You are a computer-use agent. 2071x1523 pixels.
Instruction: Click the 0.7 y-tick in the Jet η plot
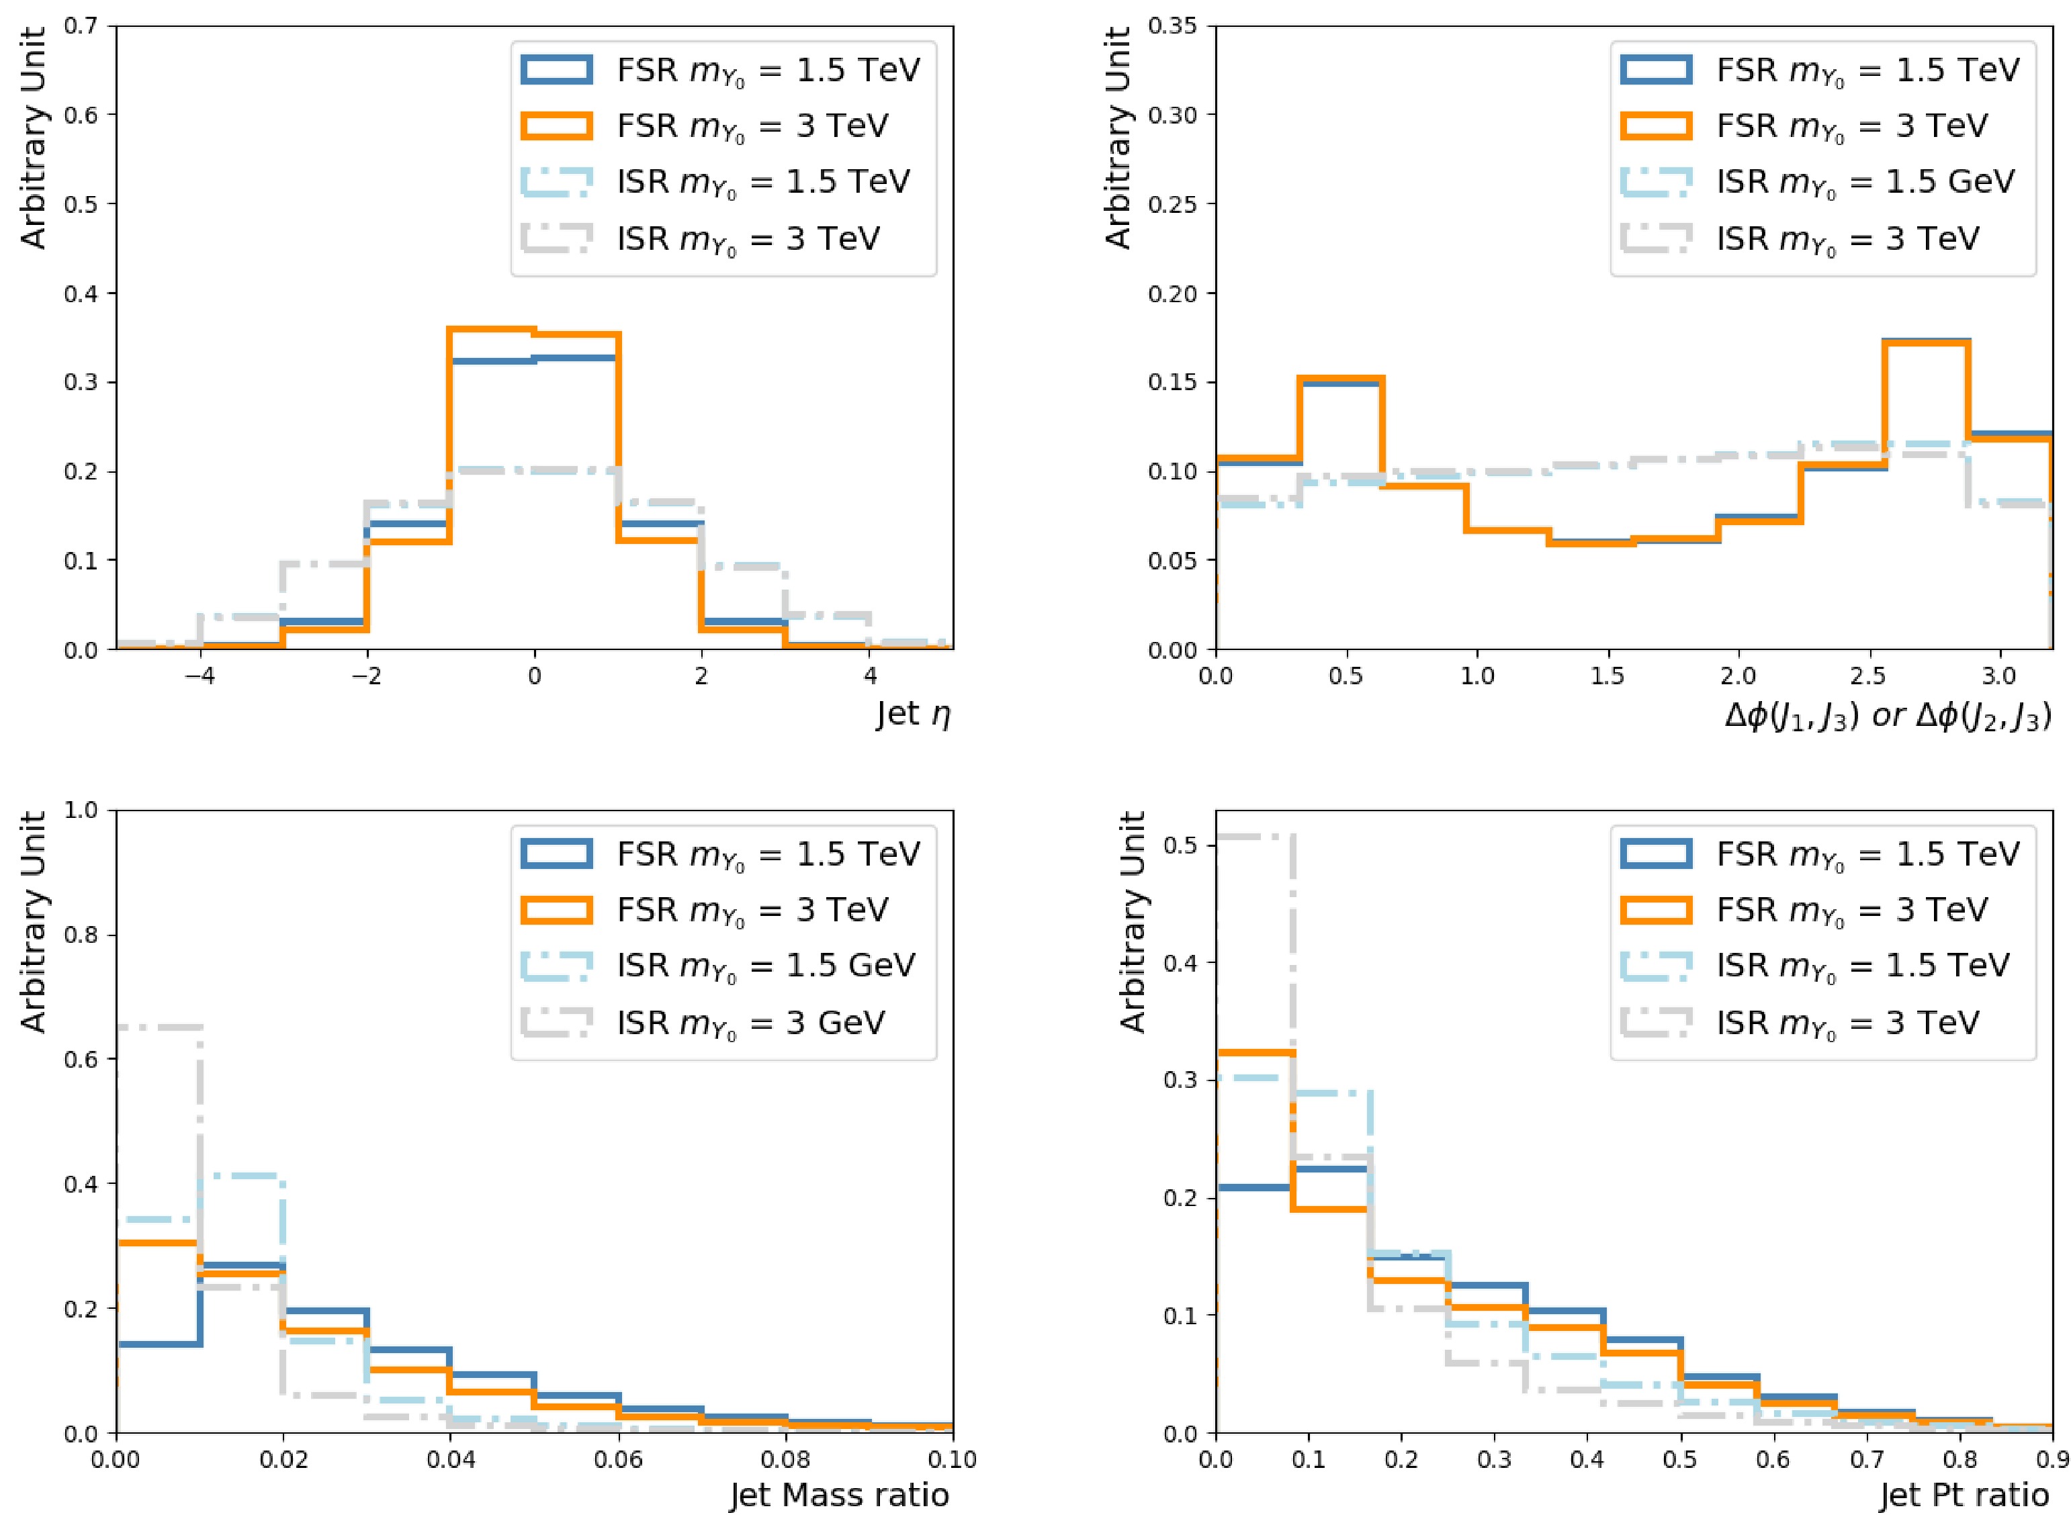[x=81, y=26]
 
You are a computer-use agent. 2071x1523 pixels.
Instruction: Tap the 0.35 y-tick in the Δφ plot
[x=1173, y=26]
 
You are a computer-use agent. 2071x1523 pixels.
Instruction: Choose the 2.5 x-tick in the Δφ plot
[x=1867, y=676]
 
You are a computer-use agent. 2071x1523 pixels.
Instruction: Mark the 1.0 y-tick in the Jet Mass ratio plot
[x=81, y=811]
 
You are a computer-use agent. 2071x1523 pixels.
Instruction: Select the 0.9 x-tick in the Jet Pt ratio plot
[x=2052, y=1459]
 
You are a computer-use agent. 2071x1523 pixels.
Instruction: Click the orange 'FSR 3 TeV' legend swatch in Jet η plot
[x=556, y=126]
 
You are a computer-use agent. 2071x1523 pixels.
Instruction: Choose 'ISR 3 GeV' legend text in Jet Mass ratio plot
[x=750, y=1023]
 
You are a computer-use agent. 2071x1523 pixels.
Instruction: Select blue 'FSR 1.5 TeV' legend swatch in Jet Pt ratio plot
[x=1656, y=853]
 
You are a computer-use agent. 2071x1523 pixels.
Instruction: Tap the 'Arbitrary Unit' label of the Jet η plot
[x=33, y=138]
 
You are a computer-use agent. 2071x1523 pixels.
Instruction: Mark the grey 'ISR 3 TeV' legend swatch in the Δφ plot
[x=1656, y=238]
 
